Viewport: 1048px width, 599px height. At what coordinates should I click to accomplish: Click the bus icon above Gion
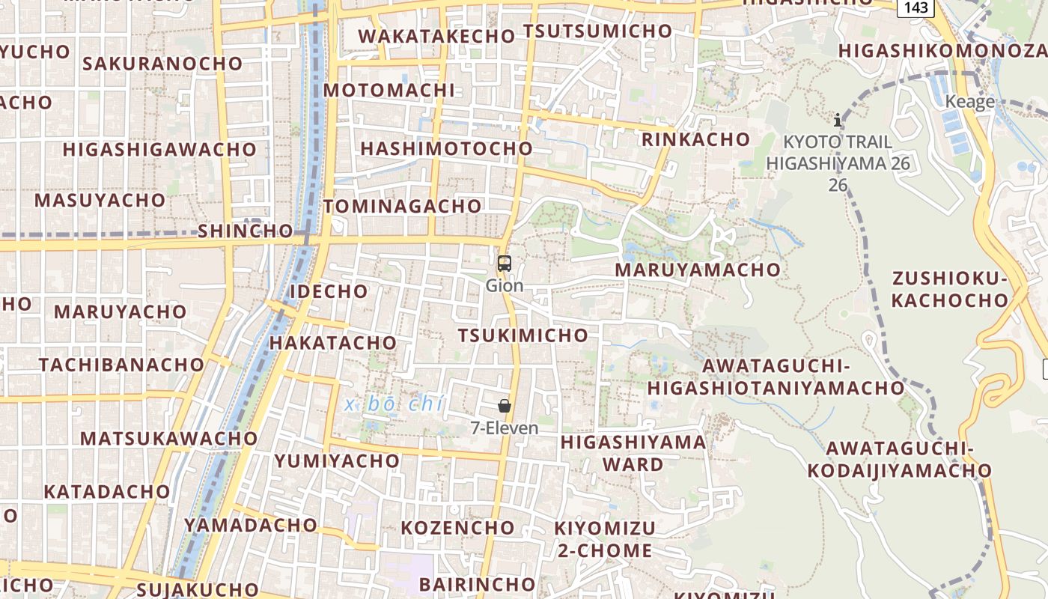(x=505, y=264)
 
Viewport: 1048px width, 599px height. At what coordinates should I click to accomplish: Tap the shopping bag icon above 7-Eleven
(x=505, y=406)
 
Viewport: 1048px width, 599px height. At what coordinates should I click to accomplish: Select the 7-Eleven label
(x=505, y=428)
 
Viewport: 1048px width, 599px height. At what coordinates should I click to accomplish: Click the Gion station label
(x=505, y=285)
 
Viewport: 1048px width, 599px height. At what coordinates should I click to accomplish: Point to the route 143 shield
(x=916, y=7)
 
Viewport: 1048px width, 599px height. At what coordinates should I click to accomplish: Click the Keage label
(x=970, y=102)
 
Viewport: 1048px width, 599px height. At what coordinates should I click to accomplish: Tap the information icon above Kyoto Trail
(x=838, y=120)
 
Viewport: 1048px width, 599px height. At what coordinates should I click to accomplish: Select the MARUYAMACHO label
(x=698, y=270)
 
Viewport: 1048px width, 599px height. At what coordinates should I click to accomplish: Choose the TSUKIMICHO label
(x=523, y=335)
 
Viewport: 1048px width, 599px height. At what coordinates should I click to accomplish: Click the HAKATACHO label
(x=332, y=343)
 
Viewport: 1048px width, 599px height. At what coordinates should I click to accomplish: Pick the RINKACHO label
(x=696, y=139)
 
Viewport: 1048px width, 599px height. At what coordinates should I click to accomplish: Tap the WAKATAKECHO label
(x=436, y=36)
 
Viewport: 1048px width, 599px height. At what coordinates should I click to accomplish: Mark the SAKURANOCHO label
(x=162, y=64)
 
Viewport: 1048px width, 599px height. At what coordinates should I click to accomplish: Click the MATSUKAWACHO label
(x=169, y=439)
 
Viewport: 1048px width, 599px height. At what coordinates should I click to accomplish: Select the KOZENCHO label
(x=457, y=528)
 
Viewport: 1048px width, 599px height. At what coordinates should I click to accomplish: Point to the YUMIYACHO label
(x=337, y=461)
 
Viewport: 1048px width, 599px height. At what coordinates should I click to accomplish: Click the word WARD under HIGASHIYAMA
(x=633, y=465)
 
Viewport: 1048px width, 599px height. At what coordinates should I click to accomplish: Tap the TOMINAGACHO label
(x=403, y=206)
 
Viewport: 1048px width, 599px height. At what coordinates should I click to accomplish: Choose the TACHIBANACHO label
(x=121, y=365)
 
